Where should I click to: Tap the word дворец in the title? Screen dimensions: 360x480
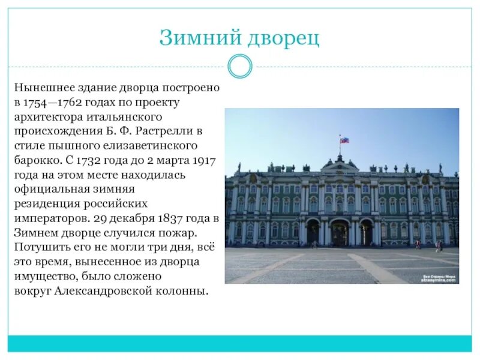point(280,38)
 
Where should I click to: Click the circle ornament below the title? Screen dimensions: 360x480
point(240,66)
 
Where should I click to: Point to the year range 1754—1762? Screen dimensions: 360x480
point(55,103)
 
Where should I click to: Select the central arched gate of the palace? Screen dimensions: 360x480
point(339,232)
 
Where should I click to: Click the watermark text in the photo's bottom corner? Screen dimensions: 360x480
point(438,277)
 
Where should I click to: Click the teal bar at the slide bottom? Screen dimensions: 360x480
point(240,344)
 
